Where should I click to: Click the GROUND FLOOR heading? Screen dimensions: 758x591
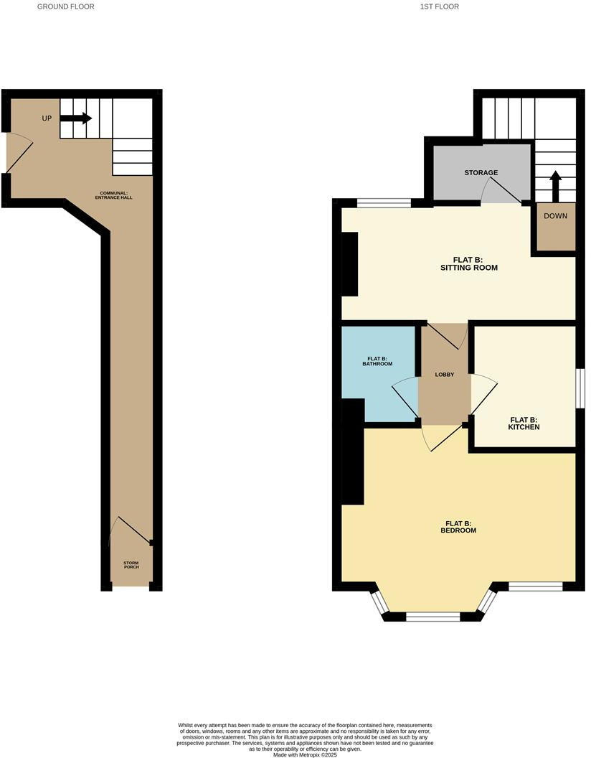(65, 6)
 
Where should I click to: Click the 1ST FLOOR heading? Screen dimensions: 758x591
(440, 6)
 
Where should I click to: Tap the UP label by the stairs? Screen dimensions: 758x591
(47, 118)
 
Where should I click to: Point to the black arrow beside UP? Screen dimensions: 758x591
(76, 118)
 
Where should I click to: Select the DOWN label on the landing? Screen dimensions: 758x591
(556, 215)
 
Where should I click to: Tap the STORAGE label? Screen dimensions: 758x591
(481, 173)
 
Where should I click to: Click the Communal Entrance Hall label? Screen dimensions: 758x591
(115, 195)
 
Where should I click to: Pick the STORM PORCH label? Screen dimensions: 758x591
(131, 565)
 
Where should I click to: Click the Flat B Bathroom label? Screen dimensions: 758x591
(379, 361)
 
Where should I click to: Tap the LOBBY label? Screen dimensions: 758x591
(445, 375)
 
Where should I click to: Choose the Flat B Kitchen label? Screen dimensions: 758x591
(524, 424)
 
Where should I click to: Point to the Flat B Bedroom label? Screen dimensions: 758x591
(458, 527)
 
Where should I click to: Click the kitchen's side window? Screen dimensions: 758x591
(580, 389)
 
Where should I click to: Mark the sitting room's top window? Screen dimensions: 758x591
(384, 204)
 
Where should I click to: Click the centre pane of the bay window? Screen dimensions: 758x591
(432, 616)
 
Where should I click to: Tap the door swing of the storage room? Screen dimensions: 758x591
(502, 190)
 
